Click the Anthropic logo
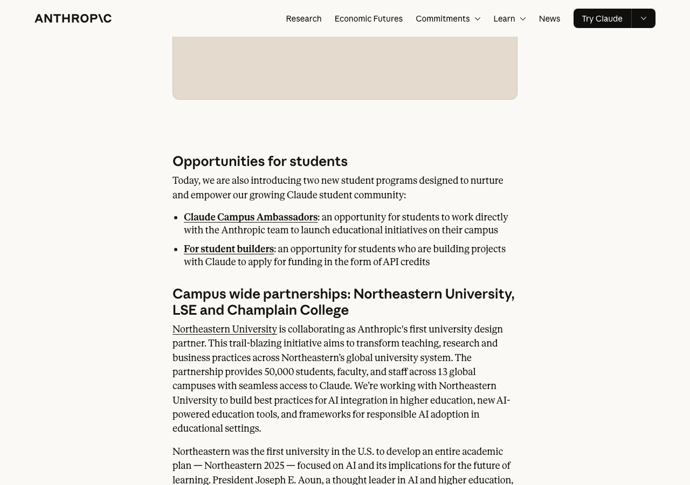[x=73, y=18]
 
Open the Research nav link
[x=303, y=18]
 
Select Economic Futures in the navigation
[x=368, y=18]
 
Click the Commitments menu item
[x=443, y=18]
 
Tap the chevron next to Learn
[x=522, y=19]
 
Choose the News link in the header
[x=549, y=18]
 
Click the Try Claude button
[x=602, y=18]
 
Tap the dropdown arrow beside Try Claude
[x=643, y=18]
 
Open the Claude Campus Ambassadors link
[x=250, y=217]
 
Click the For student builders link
[x=229, y=249]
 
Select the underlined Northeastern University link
[x=224, y=329]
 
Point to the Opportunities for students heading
[x=260, y=161]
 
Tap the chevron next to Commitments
[x=477, y=19]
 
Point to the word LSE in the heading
[x=184, y=310]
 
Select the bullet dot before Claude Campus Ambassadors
[x=176, y=218]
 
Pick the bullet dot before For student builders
[x=176, y=250]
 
